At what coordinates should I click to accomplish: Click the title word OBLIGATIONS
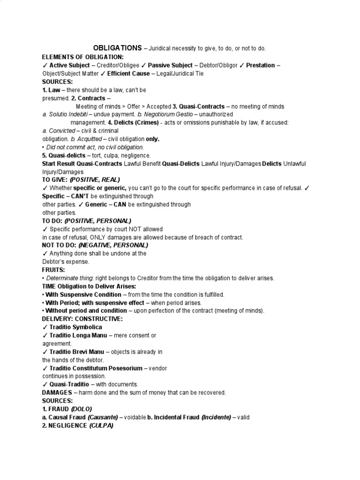(x=117, y=48)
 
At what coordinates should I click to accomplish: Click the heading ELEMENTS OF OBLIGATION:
(x=82, y=57)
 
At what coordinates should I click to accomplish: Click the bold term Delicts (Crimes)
(x=138, y=122)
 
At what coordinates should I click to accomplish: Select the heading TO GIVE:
(x=55, y=180)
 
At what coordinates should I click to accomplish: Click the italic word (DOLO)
(x=82, y=409)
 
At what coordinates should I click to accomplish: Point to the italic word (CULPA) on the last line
(x=102, y=426)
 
